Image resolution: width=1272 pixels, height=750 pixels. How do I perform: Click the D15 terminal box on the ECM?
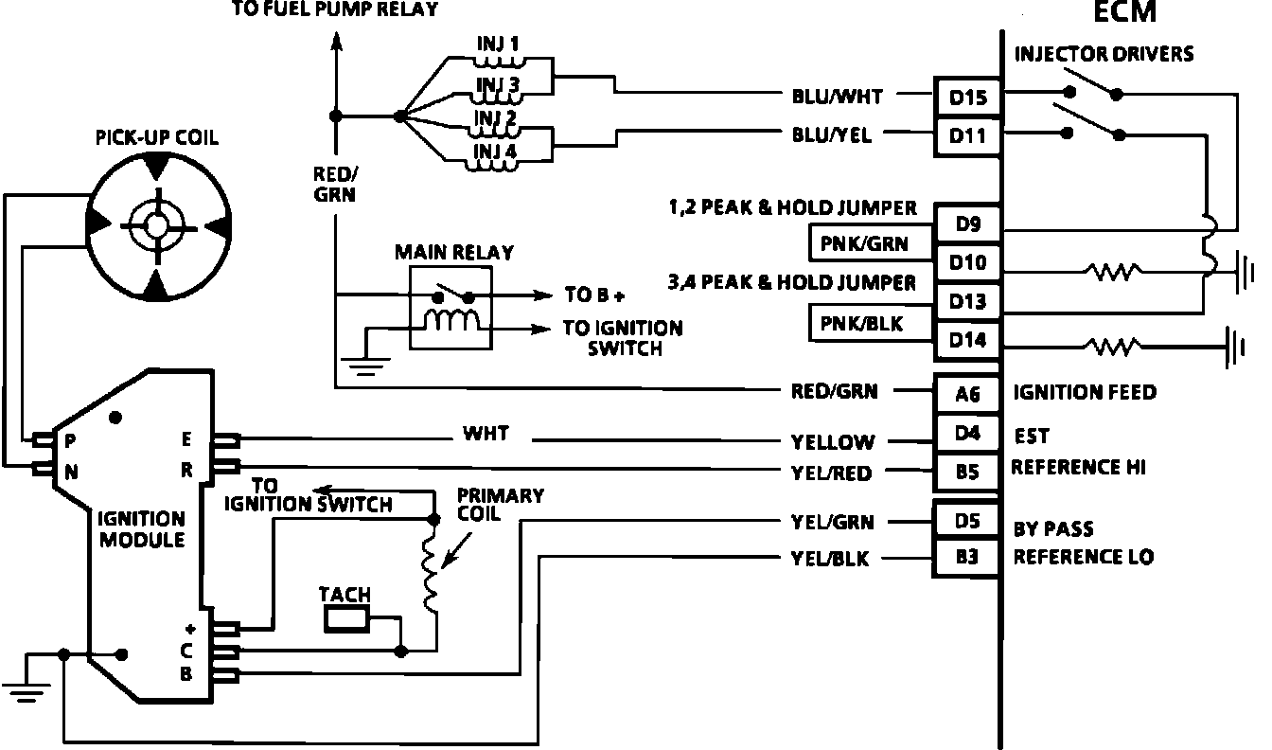[x=967, y=98]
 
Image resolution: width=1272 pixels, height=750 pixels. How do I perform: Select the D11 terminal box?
[x=967, y=136]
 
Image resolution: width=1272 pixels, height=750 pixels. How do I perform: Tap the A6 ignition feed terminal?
[x=967, y=393]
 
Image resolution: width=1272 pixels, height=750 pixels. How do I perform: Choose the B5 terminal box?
[x=967, y=472]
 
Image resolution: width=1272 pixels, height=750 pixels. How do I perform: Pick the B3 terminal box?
[x=966, y=557]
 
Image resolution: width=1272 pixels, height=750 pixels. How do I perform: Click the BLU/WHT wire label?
[x=837, y=97]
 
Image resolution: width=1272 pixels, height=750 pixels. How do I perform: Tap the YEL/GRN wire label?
[x=833, y=522]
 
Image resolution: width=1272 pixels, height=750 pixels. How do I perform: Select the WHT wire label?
[x=486, y=434]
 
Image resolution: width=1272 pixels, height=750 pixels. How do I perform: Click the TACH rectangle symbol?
[x=346, y=619]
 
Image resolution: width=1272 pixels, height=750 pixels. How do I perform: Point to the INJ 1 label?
[x=498, y=44]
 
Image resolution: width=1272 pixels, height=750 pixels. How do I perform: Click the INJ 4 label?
[x=495, y=152]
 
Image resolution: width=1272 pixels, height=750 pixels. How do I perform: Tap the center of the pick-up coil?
[x=157, y=226]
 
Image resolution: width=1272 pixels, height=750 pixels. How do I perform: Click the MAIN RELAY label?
[x=454, y=252]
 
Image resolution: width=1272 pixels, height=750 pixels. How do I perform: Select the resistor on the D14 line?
[x=1112, y=346]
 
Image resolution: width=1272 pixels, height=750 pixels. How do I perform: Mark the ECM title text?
[x=1125, y=12]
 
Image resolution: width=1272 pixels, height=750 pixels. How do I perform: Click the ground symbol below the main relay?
[x=365, y=366]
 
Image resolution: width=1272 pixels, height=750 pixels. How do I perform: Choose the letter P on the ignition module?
[x=70, y=440]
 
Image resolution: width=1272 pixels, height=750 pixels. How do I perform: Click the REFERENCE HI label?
[x=1078, y=467]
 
